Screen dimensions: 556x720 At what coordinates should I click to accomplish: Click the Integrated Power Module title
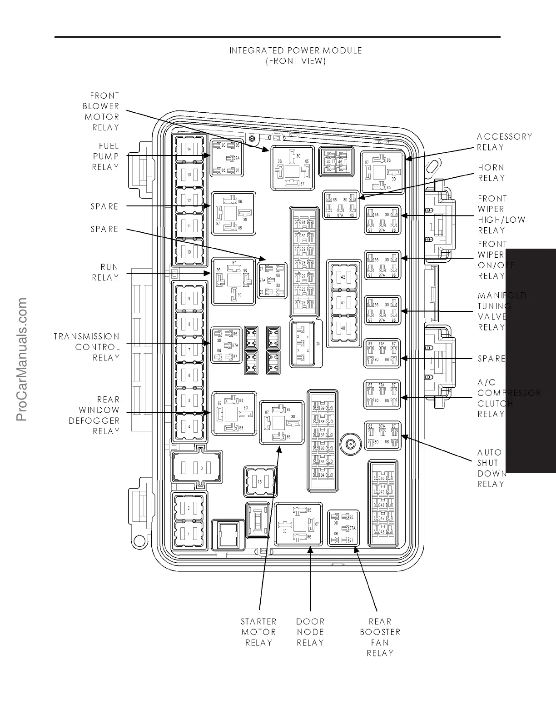[296, 55]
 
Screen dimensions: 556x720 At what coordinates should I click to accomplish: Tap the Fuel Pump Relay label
[105, 156]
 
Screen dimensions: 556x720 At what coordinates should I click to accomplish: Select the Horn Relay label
[491, 173]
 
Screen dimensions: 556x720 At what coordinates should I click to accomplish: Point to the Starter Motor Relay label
[258, 632]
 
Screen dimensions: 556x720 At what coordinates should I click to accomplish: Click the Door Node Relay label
[310, 632]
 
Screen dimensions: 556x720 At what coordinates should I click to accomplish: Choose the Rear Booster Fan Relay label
[380, 637]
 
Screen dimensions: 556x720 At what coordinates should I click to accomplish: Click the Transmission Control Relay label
[87, 347]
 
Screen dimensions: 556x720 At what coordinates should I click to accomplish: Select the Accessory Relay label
[504, 142]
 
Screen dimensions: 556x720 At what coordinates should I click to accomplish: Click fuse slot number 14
[189, 149]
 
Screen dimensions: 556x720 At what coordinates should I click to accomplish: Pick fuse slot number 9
[189, 299]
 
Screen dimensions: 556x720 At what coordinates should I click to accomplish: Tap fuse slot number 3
[197, 468]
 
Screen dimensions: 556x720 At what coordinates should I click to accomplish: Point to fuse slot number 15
[260, 481]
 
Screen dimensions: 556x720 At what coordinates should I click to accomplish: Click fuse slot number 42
[343, 277]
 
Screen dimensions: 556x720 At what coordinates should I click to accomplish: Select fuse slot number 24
[307, 344]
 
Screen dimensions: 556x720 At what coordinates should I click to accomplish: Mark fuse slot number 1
[189, 534]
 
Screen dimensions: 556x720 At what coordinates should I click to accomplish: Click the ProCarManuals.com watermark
[21, 359]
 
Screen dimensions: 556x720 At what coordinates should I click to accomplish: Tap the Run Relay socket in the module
[233, 280]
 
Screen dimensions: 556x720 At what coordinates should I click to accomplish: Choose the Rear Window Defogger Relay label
[94, 415]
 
